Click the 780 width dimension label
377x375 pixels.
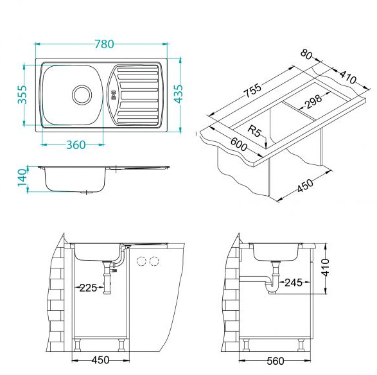click(x=104, y=44)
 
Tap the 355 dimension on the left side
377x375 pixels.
click(x=22, y=94)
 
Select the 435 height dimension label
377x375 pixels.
click(x=179, y=94)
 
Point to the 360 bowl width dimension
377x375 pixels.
click(x=76, y=145)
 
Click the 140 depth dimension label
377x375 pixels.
click(x=22, y=178)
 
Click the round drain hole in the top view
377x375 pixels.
click(x=82, y=94)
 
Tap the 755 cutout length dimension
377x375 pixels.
click(x=252, y=91)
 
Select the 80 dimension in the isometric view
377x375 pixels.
click(x=306, y=55)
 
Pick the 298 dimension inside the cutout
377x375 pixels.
click(x=313, y=101)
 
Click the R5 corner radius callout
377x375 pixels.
click(x=254, y=131)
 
